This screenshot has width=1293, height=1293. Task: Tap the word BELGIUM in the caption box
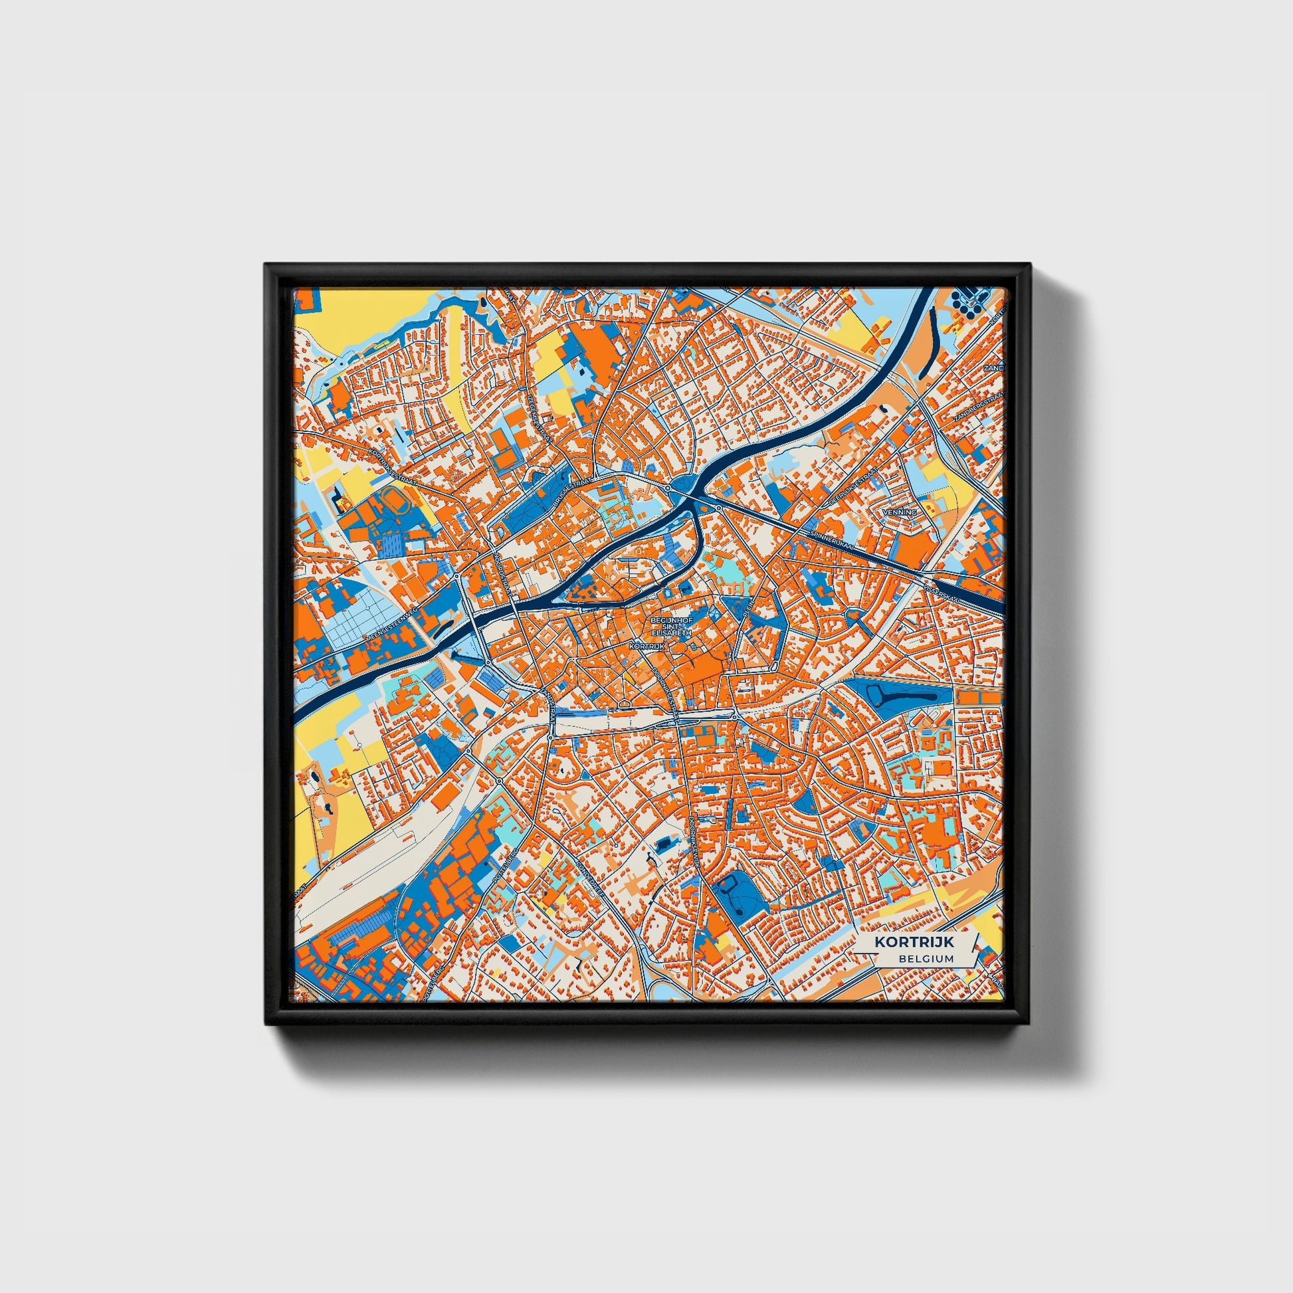[926, 958]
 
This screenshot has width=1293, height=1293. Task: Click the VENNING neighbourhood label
[899, 512]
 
